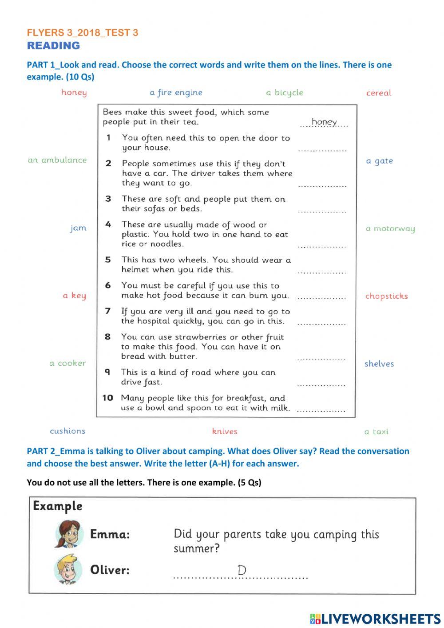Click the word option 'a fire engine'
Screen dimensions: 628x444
[176, 92]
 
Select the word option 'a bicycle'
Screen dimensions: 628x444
[285, 92]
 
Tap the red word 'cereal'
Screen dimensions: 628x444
[378, 93]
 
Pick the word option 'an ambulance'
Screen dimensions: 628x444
[57, 160]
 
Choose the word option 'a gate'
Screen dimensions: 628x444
[379, 161]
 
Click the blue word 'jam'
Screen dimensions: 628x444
[78, 228]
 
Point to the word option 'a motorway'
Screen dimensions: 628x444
[390, 229]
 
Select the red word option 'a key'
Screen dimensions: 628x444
[74, 296]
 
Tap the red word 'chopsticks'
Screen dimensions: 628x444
[386, 296]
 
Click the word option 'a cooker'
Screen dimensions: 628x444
[67, 363]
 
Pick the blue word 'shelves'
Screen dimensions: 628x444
[379, 364]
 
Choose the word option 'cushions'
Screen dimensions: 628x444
[67, 431]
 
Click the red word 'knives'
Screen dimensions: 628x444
[225, 431]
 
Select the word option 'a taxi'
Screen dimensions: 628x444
[376, 432]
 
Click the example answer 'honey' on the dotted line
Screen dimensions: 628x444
[324, 122]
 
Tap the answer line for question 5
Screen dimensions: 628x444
[321, 271]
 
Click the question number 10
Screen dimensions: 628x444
[108, 398]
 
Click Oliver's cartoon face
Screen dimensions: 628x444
[68, 569]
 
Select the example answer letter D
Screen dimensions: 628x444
[242, 570]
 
